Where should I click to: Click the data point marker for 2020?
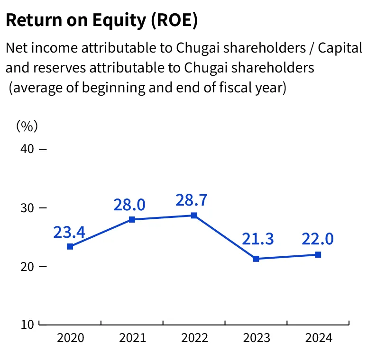[x=70, y=246]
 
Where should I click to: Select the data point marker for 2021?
[x=132, y=219]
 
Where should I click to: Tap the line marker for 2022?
[x=194, y=216]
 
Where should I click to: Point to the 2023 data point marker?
[x=256, y=259]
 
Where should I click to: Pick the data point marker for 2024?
[x=318, y=254]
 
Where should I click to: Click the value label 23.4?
[x=69, y=233]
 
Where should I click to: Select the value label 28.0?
[x=129, y=205]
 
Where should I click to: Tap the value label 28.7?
[x=191, y=200]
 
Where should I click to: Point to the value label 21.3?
[x=258, y=239]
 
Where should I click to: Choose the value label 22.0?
[x=318, y=239]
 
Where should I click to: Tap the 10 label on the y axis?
[x=28, y=325]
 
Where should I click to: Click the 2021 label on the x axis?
[x=132, y=338]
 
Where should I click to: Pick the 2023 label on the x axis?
[x=257, y=338]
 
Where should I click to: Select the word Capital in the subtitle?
[x=340, y=48]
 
